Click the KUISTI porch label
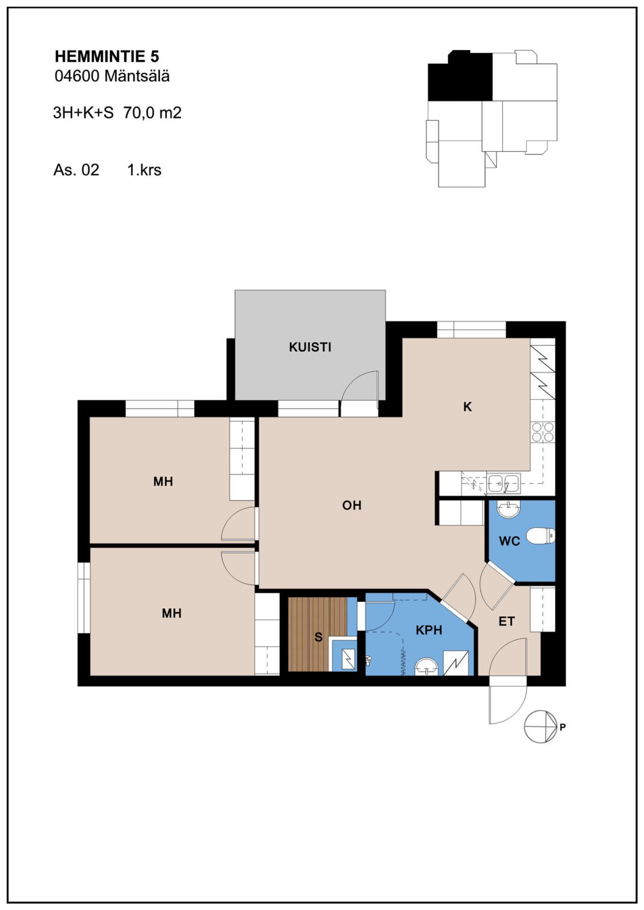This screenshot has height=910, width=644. pyautogui.click(x=310, y=347)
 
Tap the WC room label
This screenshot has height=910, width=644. pyautogui.click(x=509, y=541)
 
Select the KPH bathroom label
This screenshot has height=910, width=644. pyautogui.click(x=429, y=630)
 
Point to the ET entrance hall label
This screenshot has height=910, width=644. pyautogui.click(x=507, y=621)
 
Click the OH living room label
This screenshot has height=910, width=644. pyautogui.click(x=352, y=505)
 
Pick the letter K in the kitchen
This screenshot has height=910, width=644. pyautogui.click(x=467, y=407)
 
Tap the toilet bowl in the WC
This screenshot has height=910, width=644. pyautogui.click(x=540, y=536)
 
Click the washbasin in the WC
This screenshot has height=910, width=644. pyautogui.click(x=509, y=509)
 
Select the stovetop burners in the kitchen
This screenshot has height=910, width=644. pyautogui.click(x=542, y=432)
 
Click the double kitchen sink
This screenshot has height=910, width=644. pyautogui.click(x=504, y=483)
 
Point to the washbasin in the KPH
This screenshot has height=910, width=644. pyautogui.click(x=426, y=667)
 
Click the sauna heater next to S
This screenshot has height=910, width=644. pyautogui.click(x=348, y=658)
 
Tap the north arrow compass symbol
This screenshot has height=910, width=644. pyautogui.click(x=541, y=726)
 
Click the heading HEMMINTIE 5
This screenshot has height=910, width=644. pyautogui.click(x=107, y=57)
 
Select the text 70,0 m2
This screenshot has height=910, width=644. pyautogui.click(x=153, y=113)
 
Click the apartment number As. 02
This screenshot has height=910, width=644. pyautogui.click(x=76, y=170)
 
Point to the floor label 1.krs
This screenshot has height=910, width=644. pyautogui.click(x=144, y=170)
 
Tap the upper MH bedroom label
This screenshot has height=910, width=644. pyautogui.click(x=163, y=482)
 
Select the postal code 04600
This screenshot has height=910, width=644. pyautogui.click(x=76, y=76)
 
